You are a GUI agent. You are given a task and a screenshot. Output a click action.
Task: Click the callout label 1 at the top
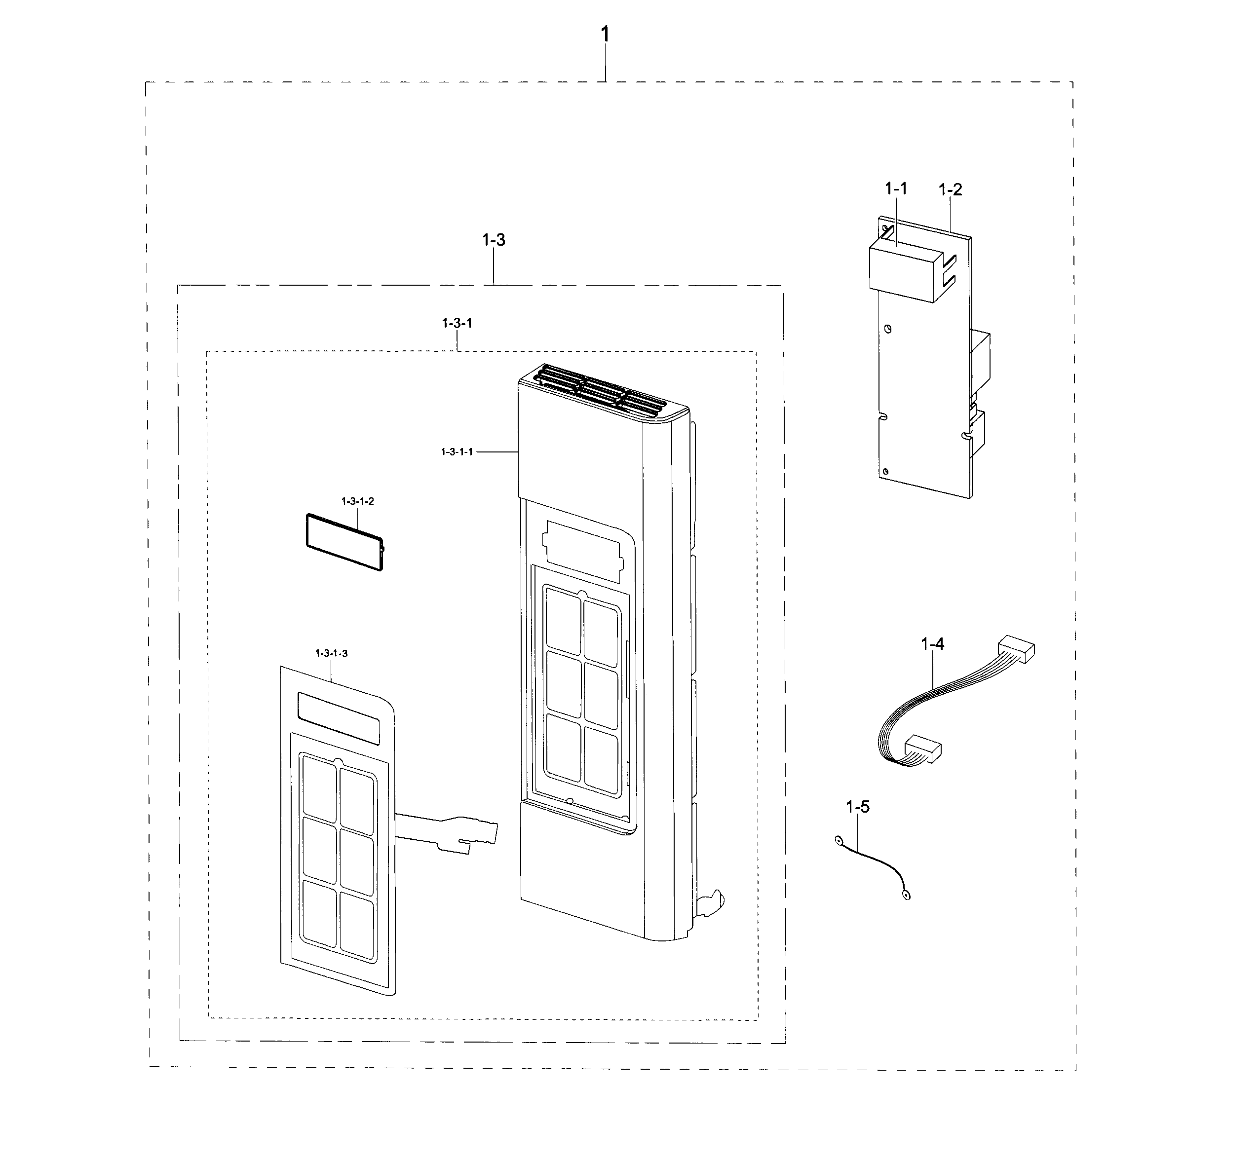click(605, 34)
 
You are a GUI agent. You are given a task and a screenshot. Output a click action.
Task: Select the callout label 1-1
click(896, 188)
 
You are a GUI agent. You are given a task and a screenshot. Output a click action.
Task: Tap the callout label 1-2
click(950, 189)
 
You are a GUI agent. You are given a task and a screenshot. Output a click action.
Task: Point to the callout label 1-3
click(494, 240)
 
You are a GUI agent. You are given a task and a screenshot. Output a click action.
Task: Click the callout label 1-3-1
click(457, 323)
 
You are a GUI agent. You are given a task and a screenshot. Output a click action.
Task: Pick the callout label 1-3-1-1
click(457, 452)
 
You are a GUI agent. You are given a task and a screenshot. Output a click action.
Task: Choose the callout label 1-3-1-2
click(358, 501)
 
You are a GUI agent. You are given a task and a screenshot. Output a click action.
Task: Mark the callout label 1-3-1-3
click(332, 653)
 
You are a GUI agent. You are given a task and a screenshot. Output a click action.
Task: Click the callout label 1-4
click(932, 643)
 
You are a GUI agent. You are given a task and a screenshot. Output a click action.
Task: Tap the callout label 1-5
click(858, 807)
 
